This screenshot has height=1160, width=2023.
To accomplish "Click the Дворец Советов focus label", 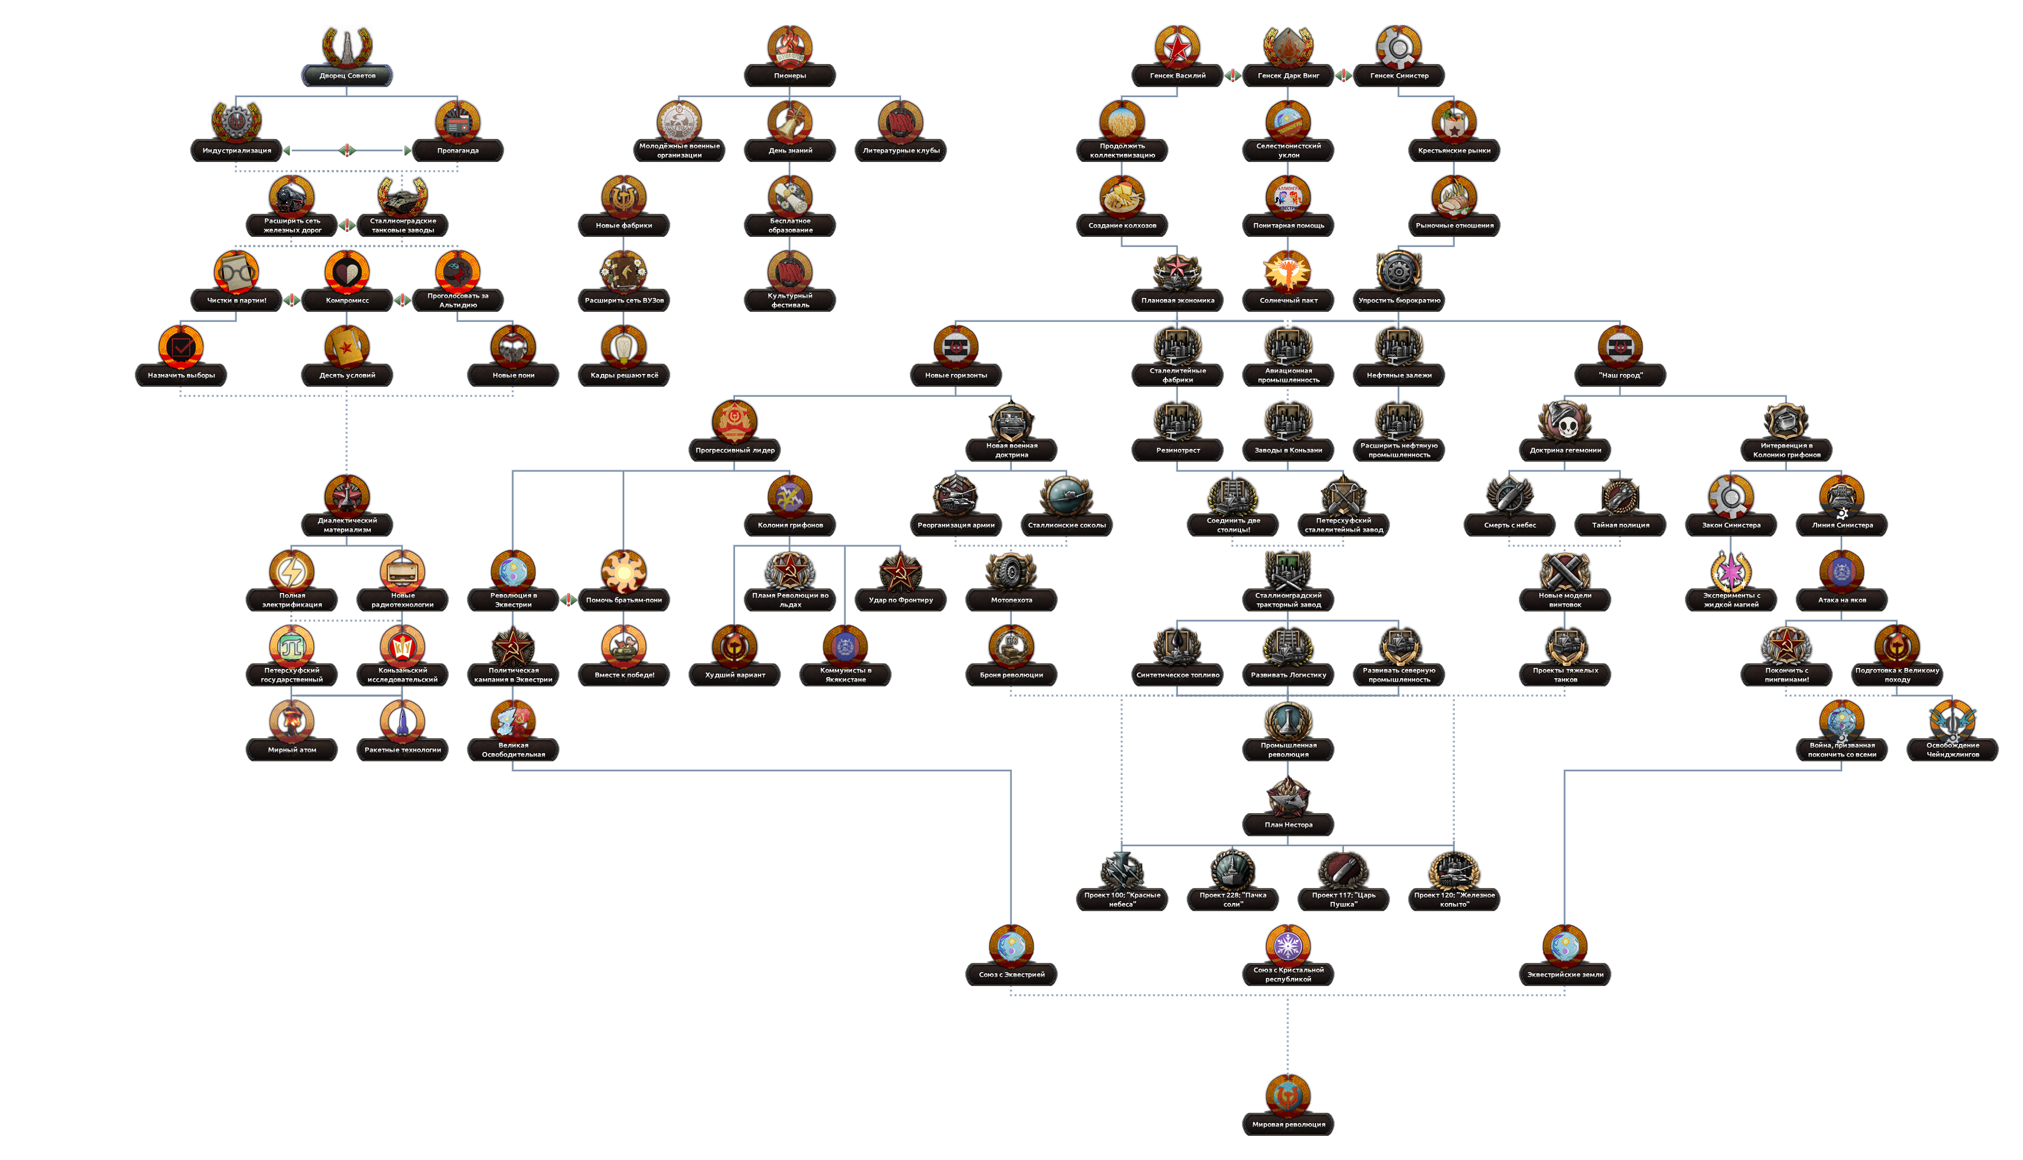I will click(347, 75).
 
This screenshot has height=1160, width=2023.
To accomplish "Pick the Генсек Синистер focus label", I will click(1399, 75).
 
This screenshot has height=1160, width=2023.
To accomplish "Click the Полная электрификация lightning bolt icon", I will click(292, 571).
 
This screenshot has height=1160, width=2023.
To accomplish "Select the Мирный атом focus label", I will click(292, 750).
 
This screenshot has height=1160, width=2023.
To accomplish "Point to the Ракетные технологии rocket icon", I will click(403, 721).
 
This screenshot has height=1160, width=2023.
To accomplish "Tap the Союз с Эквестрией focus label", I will click(1011, 974).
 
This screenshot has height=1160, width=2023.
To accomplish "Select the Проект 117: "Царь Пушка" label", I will click(1343, 900).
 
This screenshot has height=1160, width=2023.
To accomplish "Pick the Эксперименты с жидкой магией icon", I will click(1731, 571).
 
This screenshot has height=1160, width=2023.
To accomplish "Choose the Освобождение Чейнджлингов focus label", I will click(1952, 750).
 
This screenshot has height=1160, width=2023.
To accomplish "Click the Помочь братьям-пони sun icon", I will click(623, 571).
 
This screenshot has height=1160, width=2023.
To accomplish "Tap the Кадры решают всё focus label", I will click(623, 375).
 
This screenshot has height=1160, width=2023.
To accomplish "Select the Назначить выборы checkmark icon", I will click(181, 346).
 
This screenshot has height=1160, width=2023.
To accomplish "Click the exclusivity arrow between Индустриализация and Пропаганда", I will click(347, 150).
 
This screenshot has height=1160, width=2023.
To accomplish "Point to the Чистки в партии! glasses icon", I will click(236, 271).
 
